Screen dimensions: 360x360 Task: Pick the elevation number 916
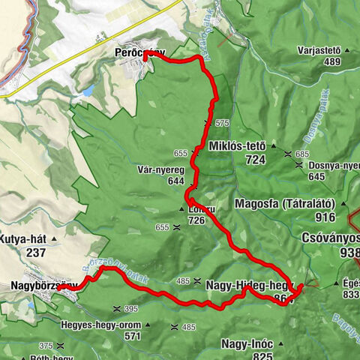pyautogui.click(x=325, y=217)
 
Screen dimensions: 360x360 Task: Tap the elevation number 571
pyautogui.click(x=133, y=337)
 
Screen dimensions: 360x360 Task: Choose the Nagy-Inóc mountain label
pyautogui.click(x=246, y=343)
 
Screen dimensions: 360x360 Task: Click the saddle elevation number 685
pyautogui.click(x=301, y=154)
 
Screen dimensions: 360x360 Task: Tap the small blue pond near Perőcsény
pyautogui.click(x=88, y=91)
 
